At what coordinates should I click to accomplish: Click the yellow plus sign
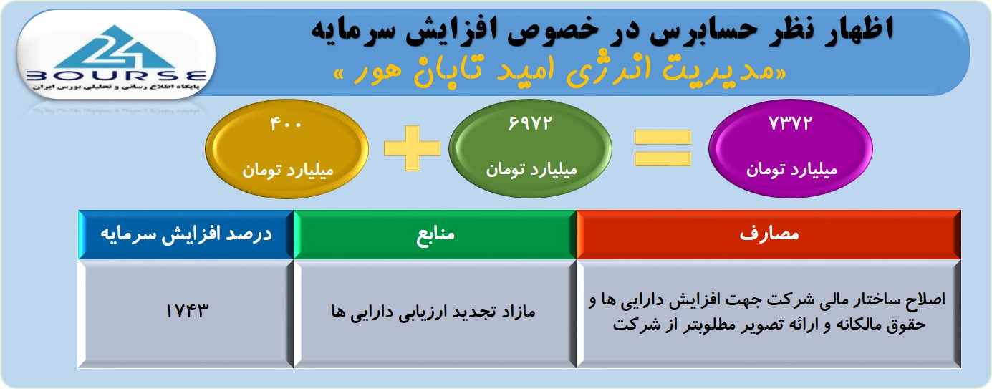click(x=413, y=148)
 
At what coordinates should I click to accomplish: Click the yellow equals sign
click(x=663, y=148)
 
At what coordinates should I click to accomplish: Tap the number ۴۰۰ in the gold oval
click(x=286, y=124)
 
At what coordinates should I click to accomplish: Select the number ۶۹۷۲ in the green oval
click(x=530, y=123)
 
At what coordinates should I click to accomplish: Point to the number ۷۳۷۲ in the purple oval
click(x=791, y=123)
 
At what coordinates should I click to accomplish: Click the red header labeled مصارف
click(x=769, y=234)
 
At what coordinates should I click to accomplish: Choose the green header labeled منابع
click(x=435, y=234)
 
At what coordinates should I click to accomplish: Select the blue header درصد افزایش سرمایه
click(x=186, y=234)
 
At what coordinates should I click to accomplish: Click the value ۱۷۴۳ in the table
click(x=186, y=311)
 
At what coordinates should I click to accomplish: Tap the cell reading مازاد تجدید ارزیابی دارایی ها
click(x=433, y=312)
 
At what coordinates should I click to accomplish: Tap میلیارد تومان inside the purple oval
click(x=792, y=170)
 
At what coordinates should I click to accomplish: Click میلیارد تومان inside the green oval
click(x=531, y=170)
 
